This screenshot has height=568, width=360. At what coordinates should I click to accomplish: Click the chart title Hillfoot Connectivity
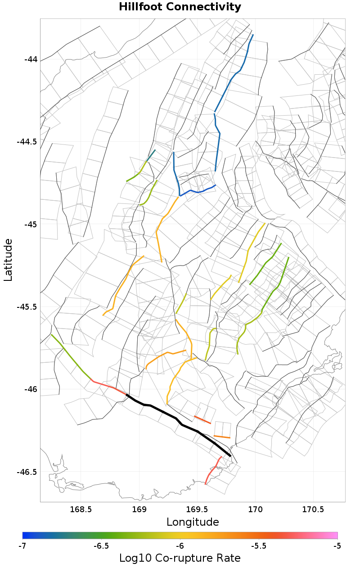180,7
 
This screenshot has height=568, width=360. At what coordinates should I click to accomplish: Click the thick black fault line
175,418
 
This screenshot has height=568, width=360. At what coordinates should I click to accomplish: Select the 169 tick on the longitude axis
139,509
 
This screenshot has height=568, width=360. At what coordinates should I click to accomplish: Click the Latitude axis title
9,260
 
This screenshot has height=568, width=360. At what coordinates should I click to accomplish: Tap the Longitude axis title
193,522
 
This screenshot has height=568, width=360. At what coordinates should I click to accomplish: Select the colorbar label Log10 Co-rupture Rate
180,558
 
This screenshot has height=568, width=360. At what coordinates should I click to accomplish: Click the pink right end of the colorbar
335,535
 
